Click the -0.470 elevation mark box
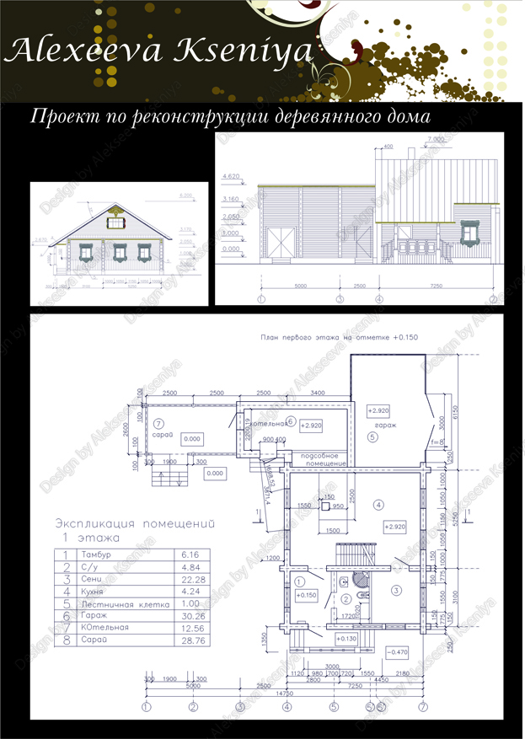tap(397, 651)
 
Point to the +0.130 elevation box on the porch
tap(346, 640)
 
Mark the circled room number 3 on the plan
tap(395, 590)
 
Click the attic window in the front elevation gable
tap(115, 221)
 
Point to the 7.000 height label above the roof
tap(436, 137)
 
